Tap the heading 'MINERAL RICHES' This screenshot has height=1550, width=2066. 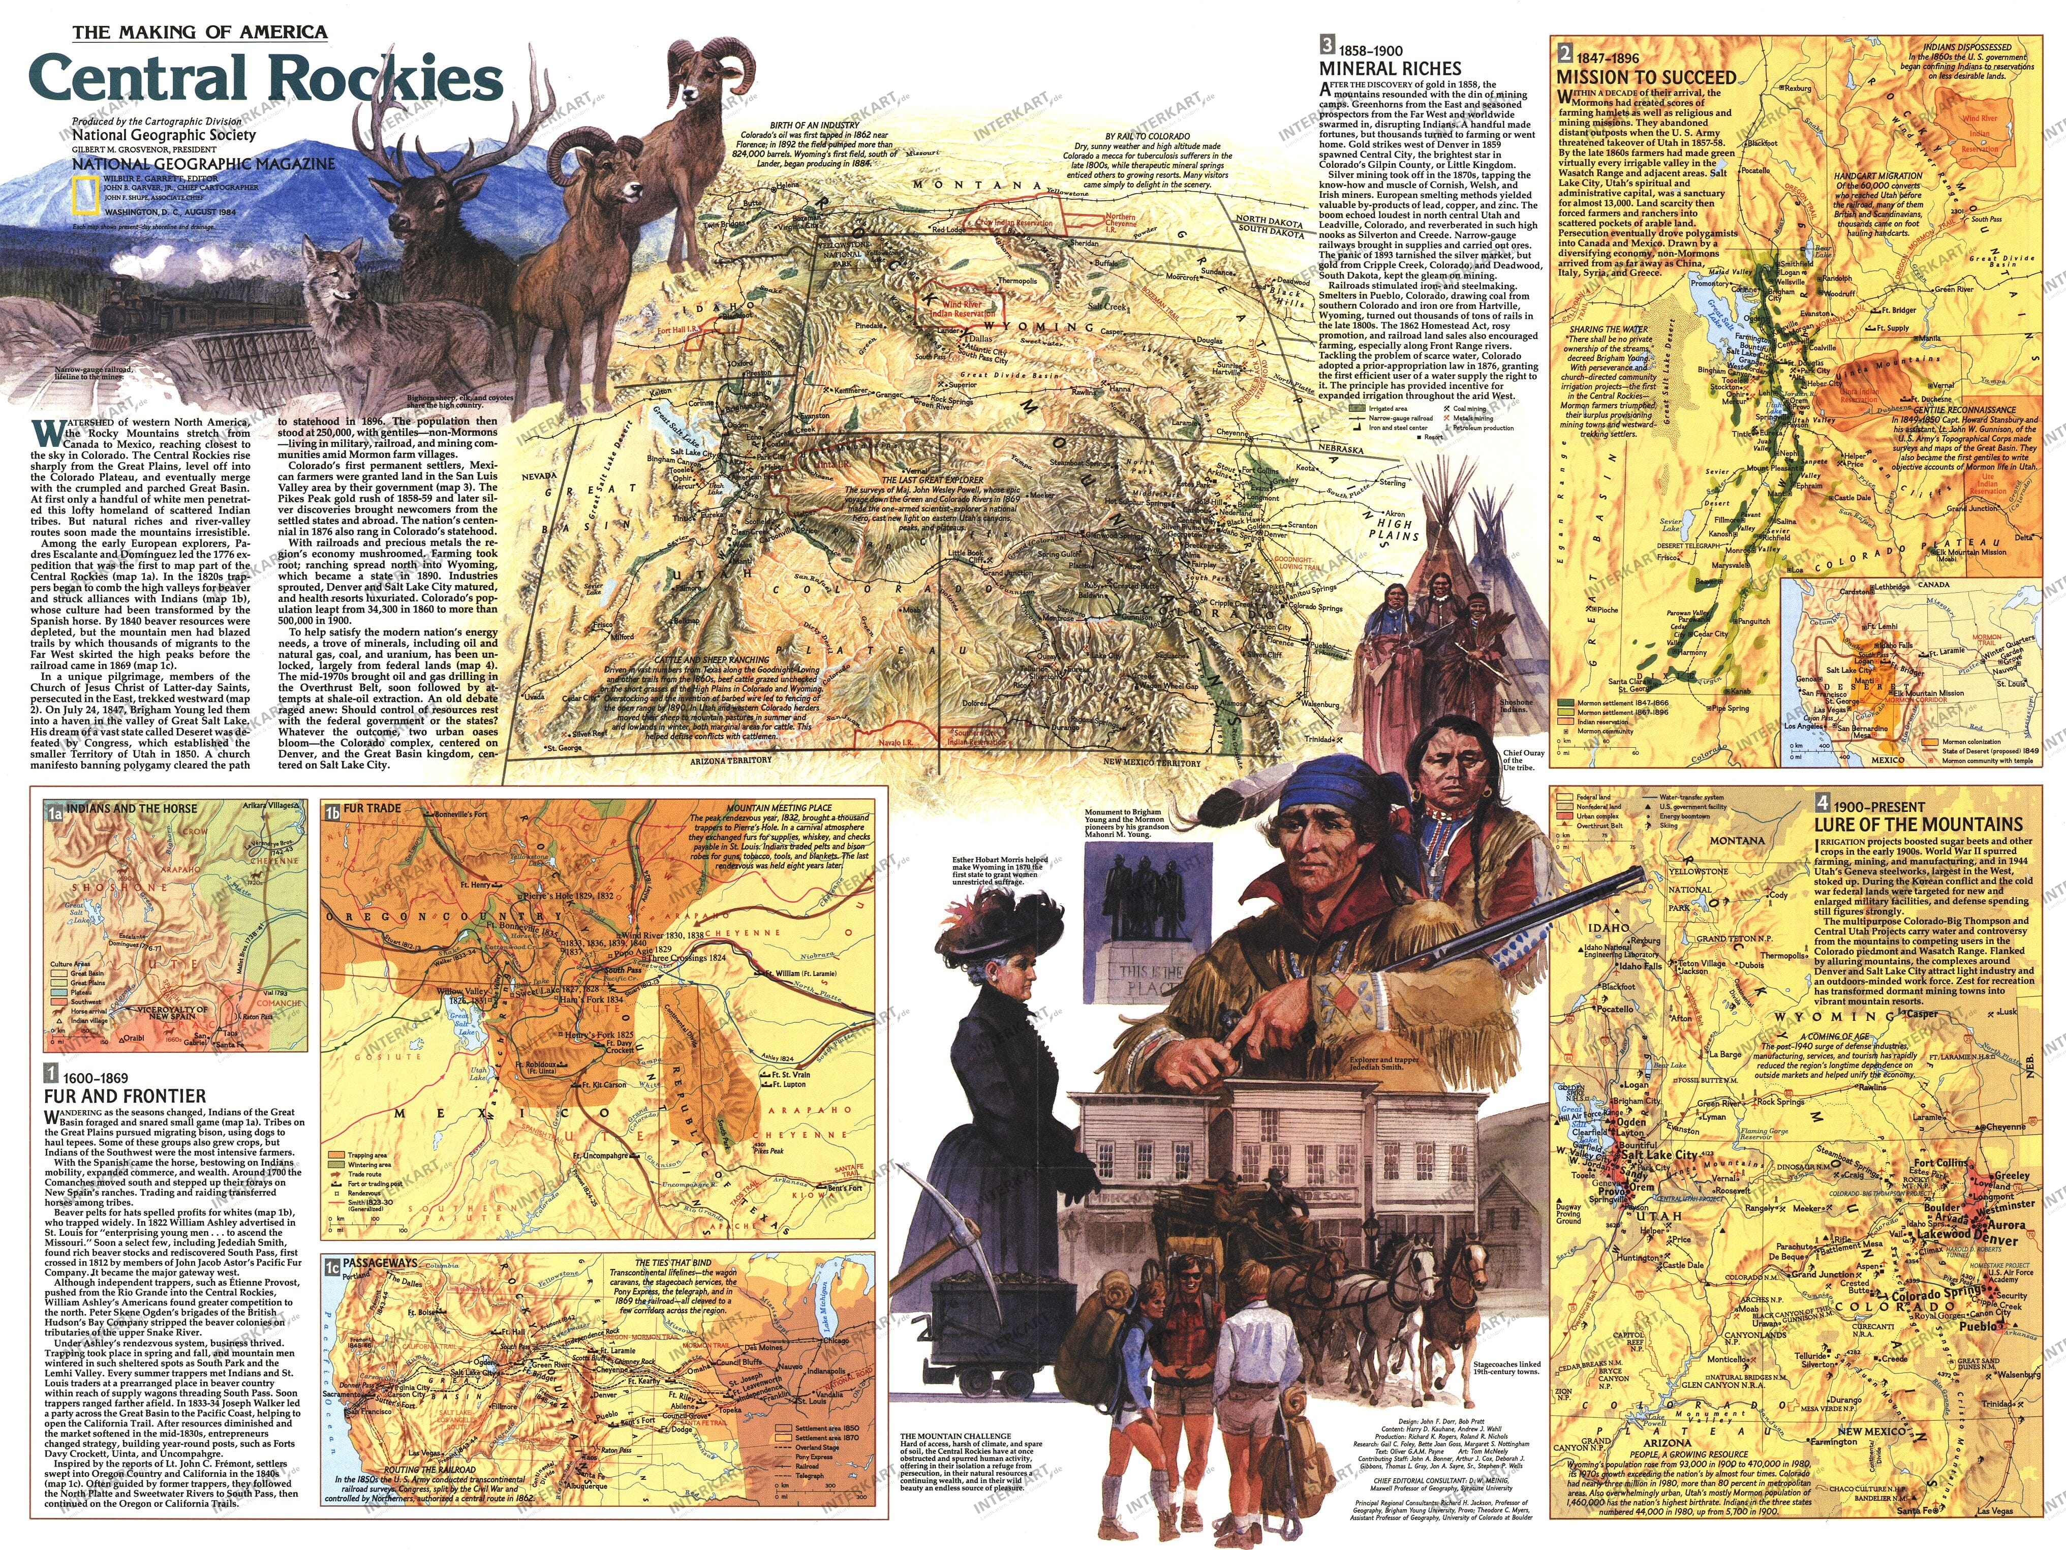(x=1390, y=68)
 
